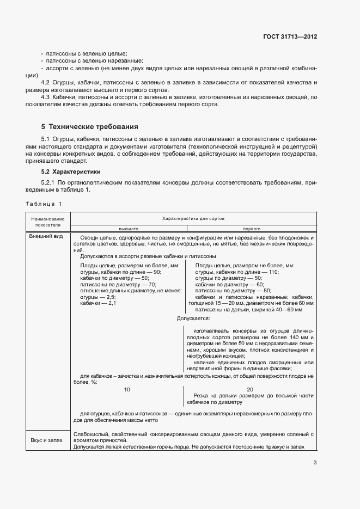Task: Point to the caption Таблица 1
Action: point(44,204)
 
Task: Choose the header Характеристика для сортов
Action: point(194,218)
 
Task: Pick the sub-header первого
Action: point(251,229)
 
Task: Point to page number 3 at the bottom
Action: point(315,463)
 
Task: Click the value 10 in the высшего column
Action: point(127,389)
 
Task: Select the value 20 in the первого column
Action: point(250,389)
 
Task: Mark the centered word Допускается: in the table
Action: point(193,317)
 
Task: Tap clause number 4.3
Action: point(46,97)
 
